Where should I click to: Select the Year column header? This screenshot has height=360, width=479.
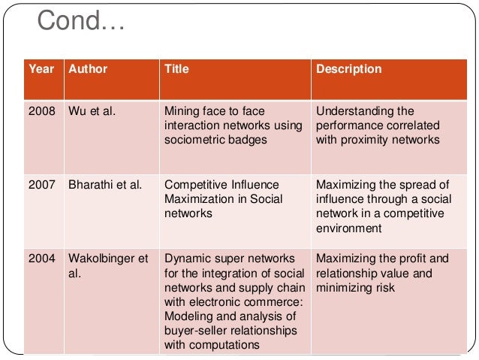(41, 69)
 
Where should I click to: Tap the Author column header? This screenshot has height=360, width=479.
(88, 69)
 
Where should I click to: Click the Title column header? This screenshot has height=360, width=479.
(176, 69)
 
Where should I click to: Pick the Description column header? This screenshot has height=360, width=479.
(348, 69)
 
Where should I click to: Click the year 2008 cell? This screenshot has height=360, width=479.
(41, 111)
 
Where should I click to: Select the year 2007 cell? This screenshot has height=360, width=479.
(41, 184)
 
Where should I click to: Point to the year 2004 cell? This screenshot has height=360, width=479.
(41, 258)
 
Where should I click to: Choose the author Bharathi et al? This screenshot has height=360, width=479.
(105, 184)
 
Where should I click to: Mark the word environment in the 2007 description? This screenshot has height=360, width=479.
(348, 228)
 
